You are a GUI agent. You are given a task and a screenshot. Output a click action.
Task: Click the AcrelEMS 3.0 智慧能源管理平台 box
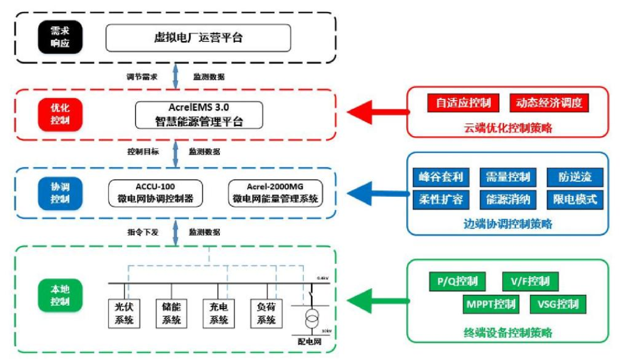(x=198, y=115)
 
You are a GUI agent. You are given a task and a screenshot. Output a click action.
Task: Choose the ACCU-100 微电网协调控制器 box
(x=156, y=193)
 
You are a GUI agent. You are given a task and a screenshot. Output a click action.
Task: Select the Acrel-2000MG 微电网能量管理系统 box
(x=275, y=193)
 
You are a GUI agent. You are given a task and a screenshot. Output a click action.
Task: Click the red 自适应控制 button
(x=463, y=103)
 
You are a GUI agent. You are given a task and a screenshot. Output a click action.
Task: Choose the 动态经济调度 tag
(x=549, y=103)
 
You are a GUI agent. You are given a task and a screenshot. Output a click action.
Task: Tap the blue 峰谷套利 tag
(x=441, y=177)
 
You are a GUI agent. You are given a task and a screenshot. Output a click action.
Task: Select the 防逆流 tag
(x=575, y=177)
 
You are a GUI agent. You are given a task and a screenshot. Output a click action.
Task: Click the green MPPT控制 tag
(x=489, y=304)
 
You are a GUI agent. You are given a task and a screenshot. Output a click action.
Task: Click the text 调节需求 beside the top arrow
(x=142, y=76)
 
